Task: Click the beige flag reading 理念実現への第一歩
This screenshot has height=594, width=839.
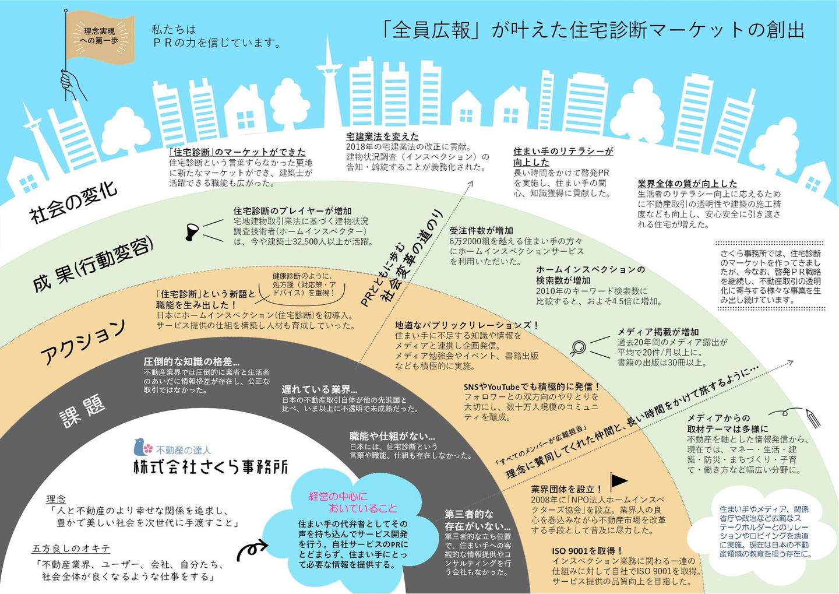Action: [x=99, y=36]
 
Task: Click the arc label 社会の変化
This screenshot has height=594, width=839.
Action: [x=73, y=202]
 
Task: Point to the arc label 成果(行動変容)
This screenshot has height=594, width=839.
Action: [x=93, y=265]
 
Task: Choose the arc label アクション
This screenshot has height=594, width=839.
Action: [x=83, y=342]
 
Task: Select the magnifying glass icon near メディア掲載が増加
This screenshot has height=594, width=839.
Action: [x=577, y=347]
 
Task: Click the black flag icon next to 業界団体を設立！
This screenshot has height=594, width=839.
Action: [x=618, y=480]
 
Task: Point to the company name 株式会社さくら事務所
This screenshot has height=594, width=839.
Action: [x=211, y=467]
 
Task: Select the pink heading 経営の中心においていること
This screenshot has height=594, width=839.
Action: [x=353, y=502]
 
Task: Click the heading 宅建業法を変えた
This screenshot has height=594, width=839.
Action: [x=382, y=136]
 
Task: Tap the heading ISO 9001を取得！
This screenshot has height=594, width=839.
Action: [x=588, y=550]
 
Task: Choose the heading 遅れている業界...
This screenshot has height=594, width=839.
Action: [x=320, y=389]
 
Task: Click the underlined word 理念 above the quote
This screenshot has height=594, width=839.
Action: [x=56, y=499]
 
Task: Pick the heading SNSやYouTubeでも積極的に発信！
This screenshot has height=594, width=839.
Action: [x=531, y=386]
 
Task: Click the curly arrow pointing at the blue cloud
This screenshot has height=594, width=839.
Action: [x=252, y=548]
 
